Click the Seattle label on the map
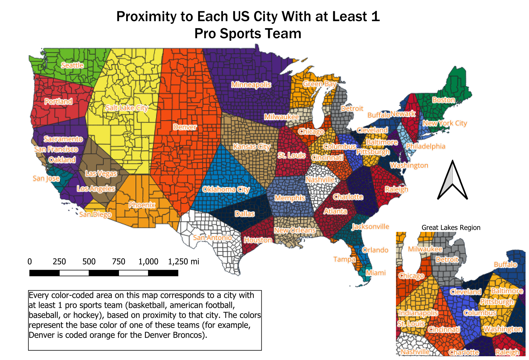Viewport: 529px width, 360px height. click(72, 65)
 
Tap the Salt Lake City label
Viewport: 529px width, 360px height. click(126, 108)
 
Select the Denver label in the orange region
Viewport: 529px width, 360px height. click(185, 127)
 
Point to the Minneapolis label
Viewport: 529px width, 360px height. click(251, 85)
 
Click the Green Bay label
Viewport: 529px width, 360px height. click(319, 84)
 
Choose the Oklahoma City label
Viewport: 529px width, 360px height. click(226, 189)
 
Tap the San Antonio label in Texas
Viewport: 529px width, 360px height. click(212, 237)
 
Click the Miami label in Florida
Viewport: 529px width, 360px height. click(376, 273)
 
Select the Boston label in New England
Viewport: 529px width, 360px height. click(443, 100)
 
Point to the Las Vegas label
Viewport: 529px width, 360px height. click(101, 173)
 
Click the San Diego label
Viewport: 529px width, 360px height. click(95, 214)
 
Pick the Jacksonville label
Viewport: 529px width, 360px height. click(370, 227)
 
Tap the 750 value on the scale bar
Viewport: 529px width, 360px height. click(119, 262)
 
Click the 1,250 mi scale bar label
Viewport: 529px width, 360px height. click(184, 262)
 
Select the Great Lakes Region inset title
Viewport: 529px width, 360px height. click(451, 227)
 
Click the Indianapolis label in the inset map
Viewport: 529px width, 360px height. click(418, 313)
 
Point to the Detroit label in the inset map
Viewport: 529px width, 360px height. click(447, 259)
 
